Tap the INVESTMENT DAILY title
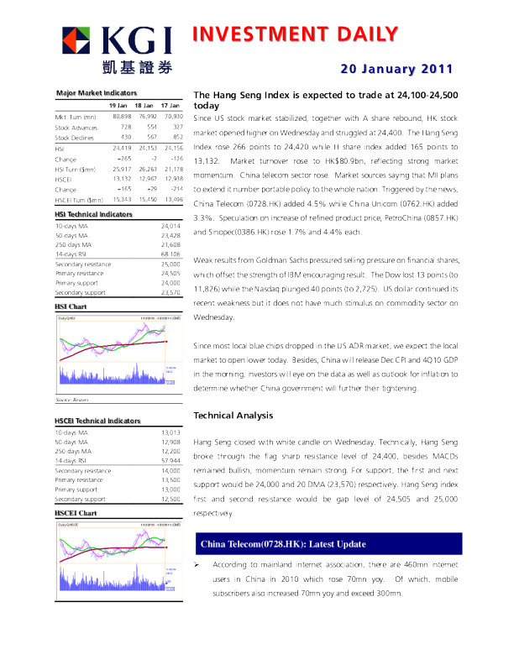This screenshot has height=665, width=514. click(x=295, y=34)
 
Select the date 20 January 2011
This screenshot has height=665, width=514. click(x=397, y=69)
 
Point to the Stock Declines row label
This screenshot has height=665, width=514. click(x=73, y=136)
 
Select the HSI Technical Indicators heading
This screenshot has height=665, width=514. click(x=93, y=215)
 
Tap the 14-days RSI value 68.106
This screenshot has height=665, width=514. click(x=170, y=253)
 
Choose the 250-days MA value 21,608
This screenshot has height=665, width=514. click(x=170, y=243)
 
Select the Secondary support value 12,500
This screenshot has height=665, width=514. click(x=170, y=499)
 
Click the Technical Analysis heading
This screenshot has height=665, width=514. click(x=233, y=416)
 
